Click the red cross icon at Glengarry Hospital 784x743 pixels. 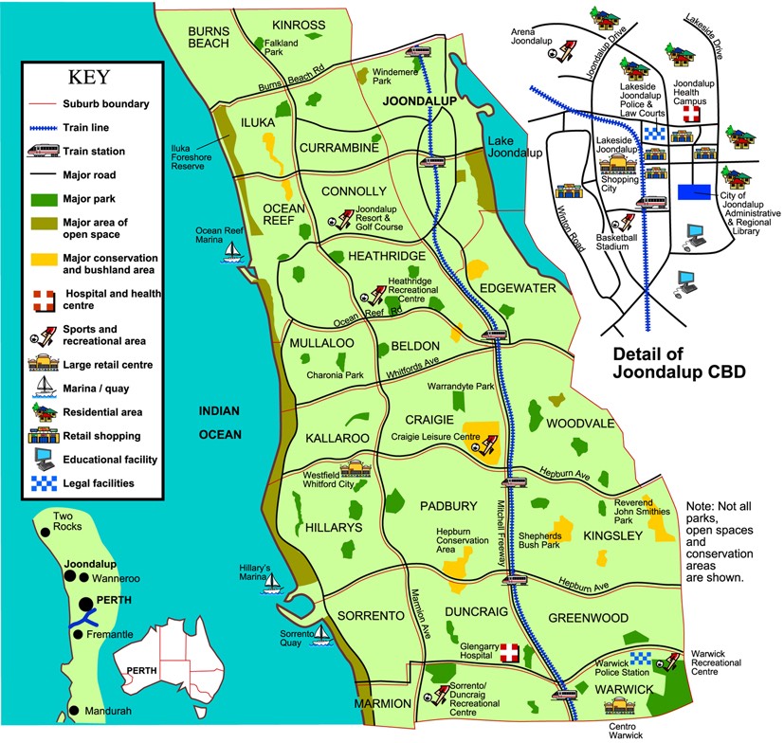click(510, 653)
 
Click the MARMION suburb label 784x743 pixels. click(381, 704)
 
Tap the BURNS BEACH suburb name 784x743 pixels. click(210, 36)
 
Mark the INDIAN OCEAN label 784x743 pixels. click(219, 423)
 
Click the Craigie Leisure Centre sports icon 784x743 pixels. click(490, 443)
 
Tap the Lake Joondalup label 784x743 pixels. click(514, 147)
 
